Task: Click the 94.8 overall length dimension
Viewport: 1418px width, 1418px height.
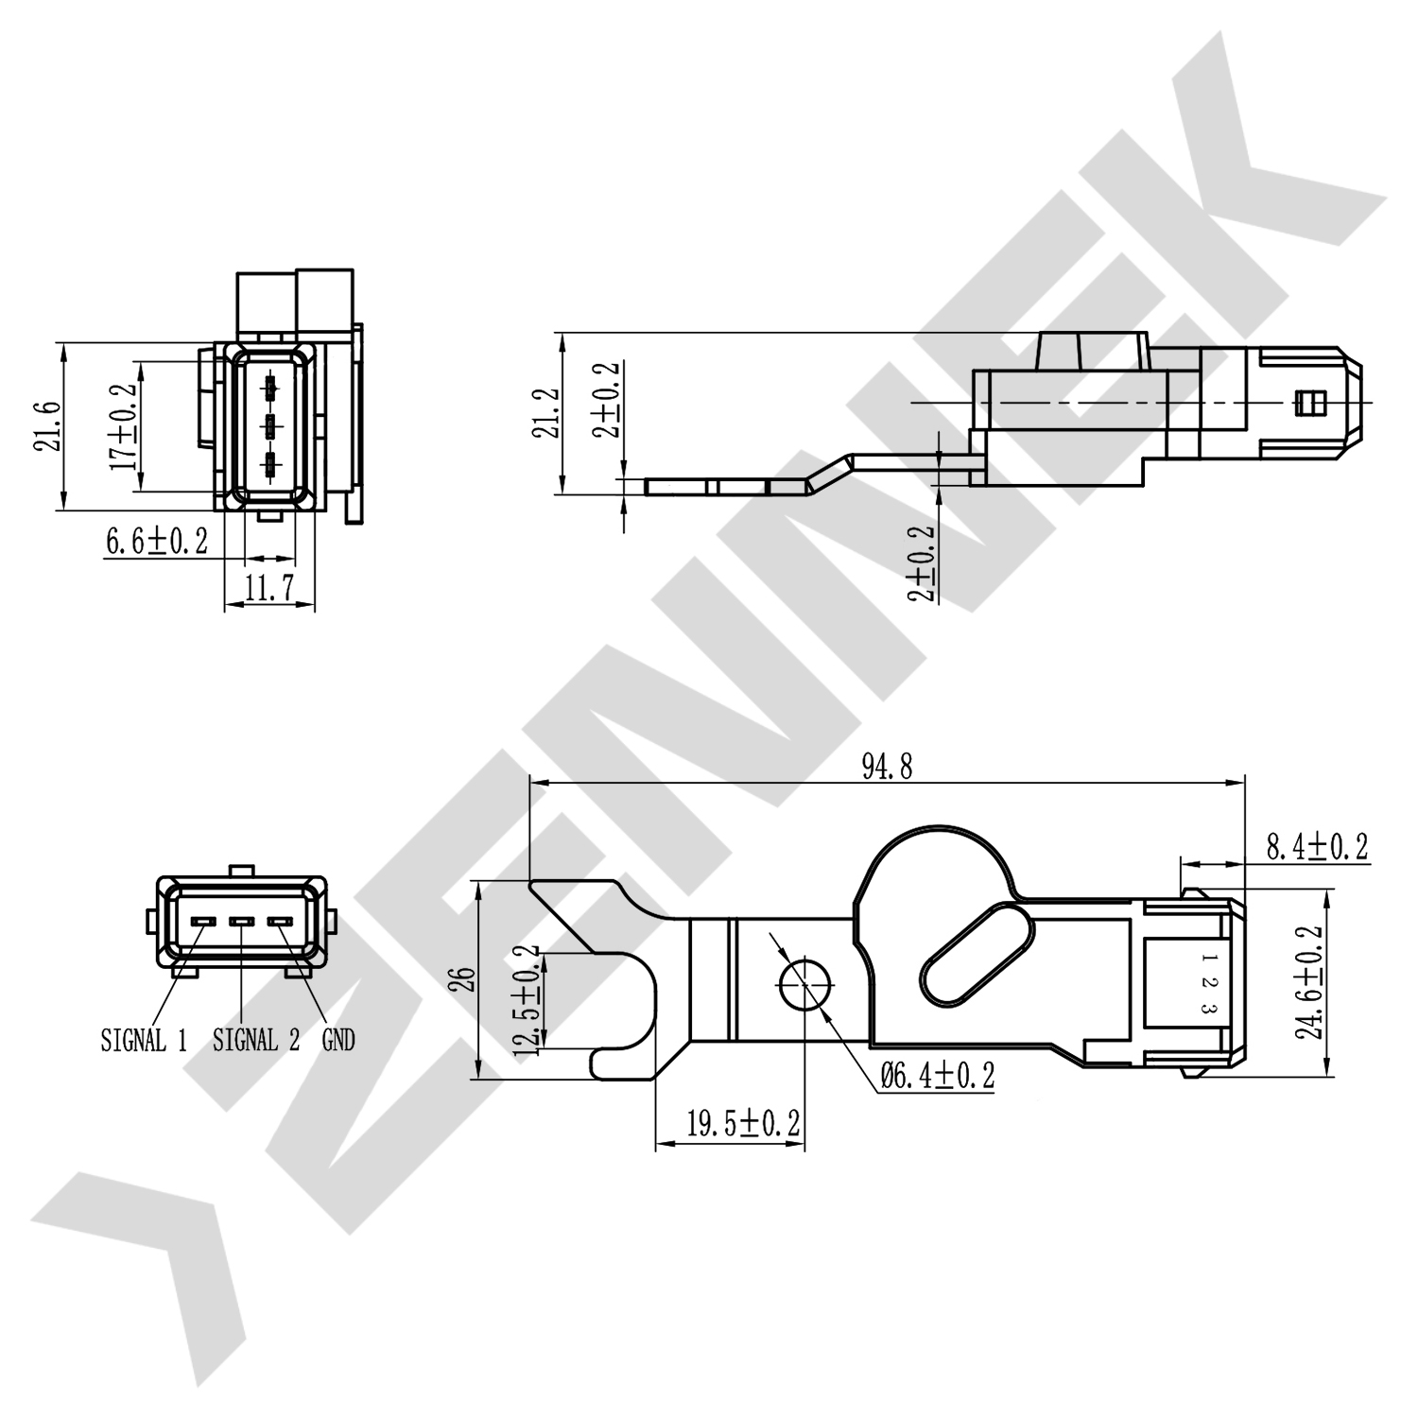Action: pos(887,767)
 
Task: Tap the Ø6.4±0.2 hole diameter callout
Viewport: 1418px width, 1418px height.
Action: pos(937,1076)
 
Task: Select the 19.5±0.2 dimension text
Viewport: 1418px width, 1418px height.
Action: pos(743,1124)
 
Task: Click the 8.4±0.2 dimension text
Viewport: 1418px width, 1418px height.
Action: pos(1317,847)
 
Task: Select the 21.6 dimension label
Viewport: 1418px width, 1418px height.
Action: pos(48,426)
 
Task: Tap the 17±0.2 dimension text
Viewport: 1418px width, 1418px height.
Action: pos(123,426)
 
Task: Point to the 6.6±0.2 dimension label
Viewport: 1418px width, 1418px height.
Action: pos(156,542)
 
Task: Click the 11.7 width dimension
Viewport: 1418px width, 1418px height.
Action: pos(269,590)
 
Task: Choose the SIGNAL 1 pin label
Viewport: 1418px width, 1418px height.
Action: pos(144,1041)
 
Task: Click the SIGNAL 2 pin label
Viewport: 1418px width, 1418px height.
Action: pos(255,1041)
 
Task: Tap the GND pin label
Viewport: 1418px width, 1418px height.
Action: pos(338,1041)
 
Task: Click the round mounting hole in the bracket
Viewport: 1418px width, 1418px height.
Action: pos(804,983)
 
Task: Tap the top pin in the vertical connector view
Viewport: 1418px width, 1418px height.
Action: pos(271,387)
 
